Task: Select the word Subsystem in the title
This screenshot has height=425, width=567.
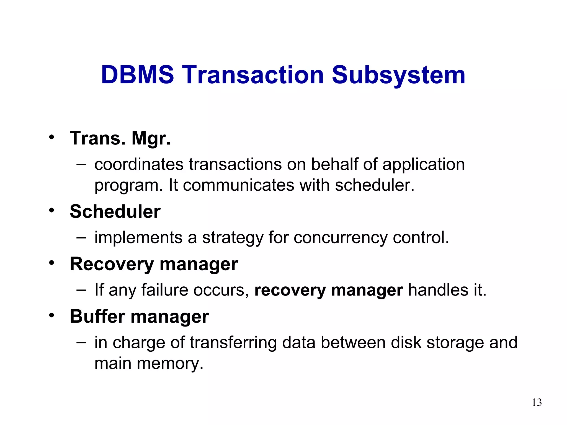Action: (x=398, y=75)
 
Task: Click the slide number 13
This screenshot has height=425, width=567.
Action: (x=537, y=402)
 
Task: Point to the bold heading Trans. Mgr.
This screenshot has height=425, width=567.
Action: (x=120, y=138)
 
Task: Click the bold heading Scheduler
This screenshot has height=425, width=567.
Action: (x=115, y=212)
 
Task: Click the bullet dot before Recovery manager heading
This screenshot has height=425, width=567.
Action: (x=51, y=263)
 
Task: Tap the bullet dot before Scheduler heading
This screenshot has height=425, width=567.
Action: (x=51, y=211)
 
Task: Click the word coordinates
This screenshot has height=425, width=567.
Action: (x=139, y=164)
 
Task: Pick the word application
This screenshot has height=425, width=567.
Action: (x=423, y=165)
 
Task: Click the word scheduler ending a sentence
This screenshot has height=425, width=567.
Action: (x=374, y=185)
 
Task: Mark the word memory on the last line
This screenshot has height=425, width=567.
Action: (x=170, y=364)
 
